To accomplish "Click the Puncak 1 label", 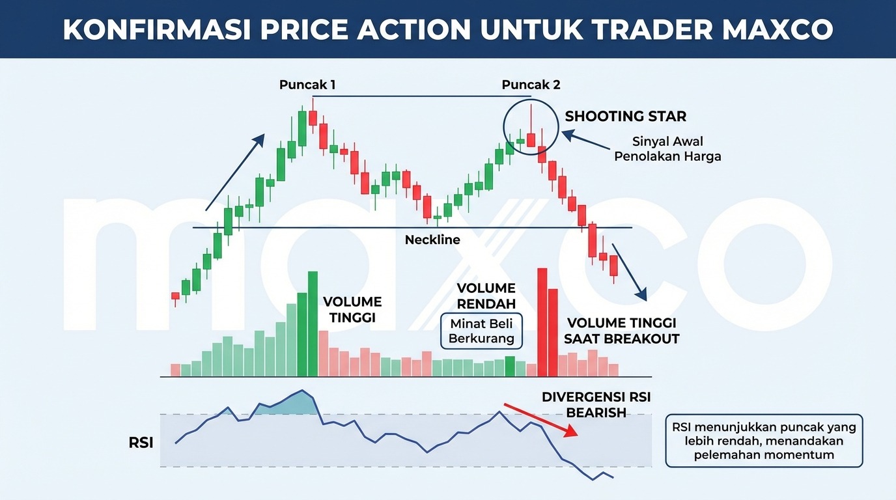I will click(307, 85).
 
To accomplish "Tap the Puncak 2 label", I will click(531, 85).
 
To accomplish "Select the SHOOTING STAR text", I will click(625, 117).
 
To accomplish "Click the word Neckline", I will click(432, 240).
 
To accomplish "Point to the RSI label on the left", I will click(141, 443).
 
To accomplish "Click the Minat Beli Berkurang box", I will click(481, 330).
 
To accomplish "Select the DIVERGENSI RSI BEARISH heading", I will click(596, 404).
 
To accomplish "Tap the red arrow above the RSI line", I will click(540, 420).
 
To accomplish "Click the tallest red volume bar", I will click(542, 322).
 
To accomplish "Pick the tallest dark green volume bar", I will click(313, 324).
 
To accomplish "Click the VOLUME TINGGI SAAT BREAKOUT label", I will click(621, 331).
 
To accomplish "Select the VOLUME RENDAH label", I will click(486, 296).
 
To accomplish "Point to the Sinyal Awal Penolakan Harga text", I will click(667, 149).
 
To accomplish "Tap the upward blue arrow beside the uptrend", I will click(235, 172).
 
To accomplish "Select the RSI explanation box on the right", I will click(764, 441).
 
